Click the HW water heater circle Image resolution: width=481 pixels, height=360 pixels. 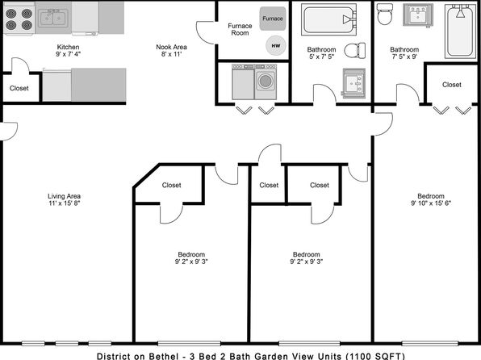(276, 46)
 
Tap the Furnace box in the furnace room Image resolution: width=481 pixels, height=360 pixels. (273, 19)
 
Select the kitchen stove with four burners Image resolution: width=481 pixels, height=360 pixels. (19, 19)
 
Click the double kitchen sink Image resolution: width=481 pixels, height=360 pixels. (53, 19)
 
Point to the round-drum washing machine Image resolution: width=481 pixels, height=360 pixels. (266, 82)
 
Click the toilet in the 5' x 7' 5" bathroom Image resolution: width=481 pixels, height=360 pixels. (355, 50)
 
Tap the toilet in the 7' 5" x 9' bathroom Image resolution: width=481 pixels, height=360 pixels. (385, 14)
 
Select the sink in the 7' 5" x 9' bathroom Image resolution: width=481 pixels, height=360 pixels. (418, 15)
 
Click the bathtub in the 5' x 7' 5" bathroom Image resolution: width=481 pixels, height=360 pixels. (328, 19)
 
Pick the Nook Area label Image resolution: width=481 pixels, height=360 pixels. (171, 47)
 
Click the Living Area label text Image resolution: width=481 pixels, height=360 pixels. (64, 196)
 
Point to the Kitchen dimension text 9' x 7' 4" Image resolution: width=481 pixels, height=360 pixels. (68, 54)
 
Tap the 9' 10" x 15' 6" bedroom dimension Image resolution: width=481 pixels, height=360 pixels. (431, 203)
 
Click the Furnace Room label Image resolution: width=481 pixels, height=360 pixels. (240, 30)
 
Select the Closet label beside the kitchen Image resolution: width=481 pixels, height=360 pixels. (19, 88)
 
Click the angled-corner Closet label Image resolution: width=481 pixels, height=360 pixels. (171, 185)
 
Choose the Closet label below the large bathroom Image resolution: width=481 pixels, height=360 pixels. (452, 85)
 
